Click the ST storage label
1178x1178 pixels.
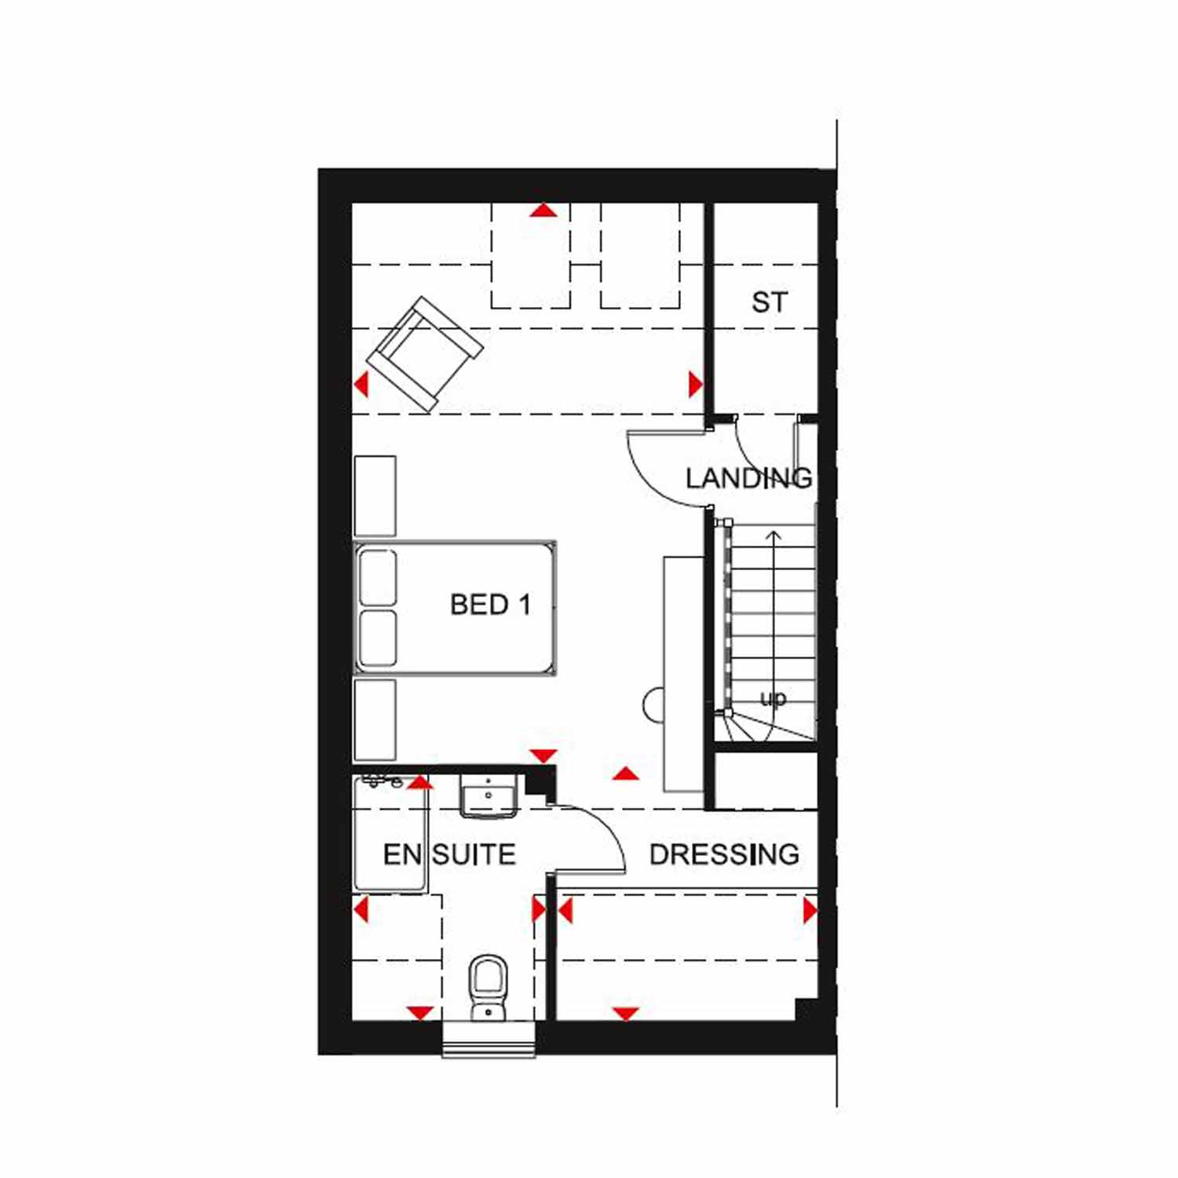pyautogui.click(x=769, y=302)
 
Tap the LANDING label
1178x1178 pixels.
pyautogui.click(x=748, y=478)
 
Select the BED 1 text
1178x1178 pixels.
pyautogui.click(x=490, y=605)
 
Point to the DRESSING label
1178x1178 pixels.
pyautogui.click(x=724, y=854)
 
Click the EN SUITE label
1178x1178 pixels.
pyautogui.click(x=449, y=854)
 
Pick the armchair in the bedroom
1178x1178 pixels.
pyautogui.click(x=425, y=354)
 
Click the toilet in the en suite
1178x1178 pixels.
pyautogui.click(x=488, y=987)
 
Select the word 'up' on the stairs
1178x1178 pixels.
pyautogui.click(x=773, y=699)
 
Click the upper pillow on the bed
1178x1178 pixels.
pyautogui.click(x=377, y=578)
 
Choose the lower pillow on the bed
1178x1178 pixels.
pyautogui.click(x=377, y=639)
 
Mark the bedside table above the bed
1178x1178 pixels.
pyautogui.click(x=375, y=496)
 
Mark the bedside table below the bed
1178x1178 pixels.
pyautogui.click(x=375, y=719)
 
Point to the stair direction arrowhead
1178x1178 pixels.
pyautogui.click(x=774, y=536)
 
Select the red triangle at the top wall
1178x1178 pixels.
pyautogui.click(x=543, y=210)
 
